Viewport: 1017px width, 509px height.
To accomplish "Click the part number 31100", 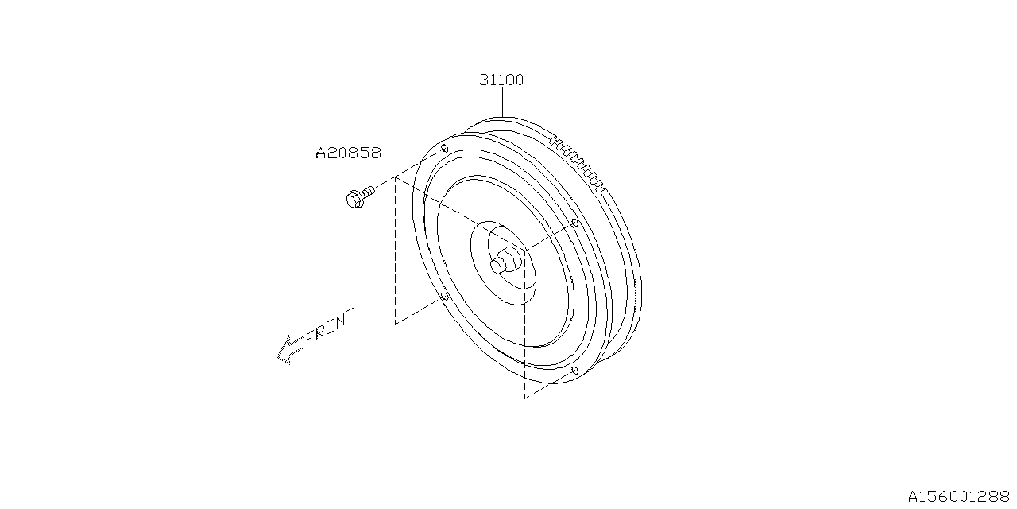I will [501, 80].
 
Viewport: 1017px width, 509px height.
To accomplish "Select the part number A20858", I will [349, 153].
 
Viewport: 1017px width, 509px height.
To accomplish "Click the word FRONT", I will [330, 325].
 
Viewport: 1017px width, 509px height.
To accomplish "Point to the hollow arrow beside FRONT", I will [289, 348].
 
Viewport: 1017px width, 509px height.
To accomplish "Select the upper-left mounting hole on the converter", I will [444, 149].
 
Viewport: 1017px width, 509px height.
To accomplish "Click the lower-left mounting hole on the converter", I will [444, 297].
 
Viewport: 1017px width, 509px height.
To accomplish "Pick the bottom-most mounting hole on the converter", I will [574, 371].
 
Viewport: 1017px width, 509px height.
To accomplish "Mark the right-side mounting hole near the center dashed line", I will [574, 223].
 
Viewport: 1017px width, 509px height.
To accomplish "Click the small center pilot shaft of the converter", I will [501, 265].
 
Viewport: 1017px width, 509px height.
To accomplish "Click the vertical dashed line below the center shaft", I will [524, 334].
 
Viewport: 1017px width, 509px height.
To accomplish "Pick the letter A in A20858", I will [321, 153].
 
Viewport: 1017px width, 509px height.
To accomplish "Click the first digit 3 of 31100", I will [484, 80].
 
